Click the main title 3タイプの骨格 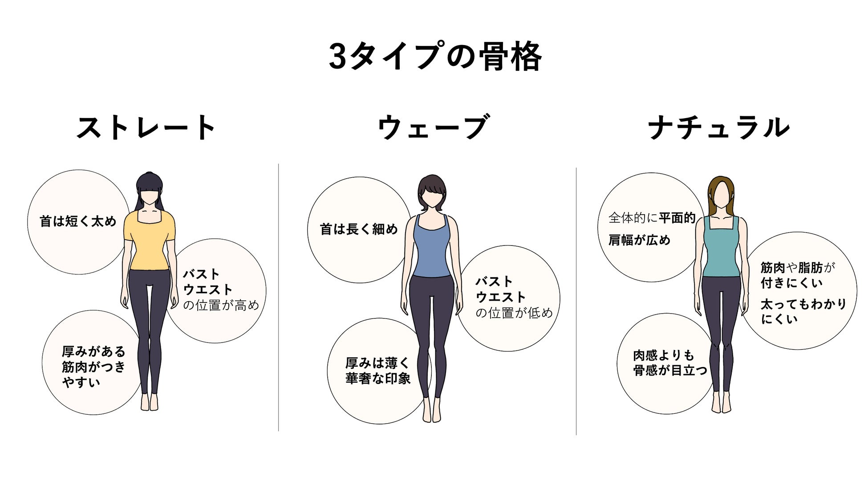(x=434, y=57)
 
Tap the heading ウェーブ (x=433, y=128)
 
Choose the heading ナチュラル (x=719, y=128)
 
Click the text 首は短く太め (x=78, y=221)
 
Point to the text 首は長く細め (x=359, y=229)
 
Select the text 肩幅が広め (x=639, y=241)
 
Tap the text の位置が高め (x=221, y=306)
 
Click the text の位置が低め (x=514, y=313)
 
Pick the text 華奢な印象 (x=378, y=379)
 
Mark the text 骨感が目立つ (x=670, y=370)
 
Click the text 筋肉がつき (x=93, y=367)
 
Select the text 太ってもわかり (x=803, y=304)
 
